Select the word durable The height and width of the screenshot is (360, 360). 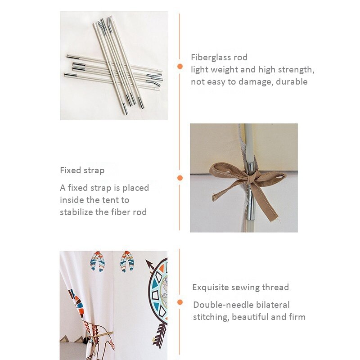click(292, 81)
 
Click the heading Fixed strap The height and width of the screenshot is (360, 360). click(82, 171)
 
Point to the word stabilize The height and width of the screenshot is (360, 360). click(76, 212)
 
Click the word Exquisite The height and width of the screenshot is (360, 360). click(210, 288)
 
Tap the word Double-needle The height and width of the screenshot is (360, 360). click(223, 305)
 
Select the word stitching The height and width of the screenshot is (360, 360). click(211, 317)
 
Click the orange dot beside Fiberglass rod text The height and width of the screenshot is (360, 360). click(180, 67)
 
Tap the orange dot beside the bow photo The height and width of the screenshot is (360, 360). click(180, 178)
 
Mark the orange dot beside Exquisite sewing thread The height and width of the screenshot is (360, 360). click(180, 302)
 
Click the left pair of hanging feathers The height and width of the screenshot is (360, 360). click(98, 261)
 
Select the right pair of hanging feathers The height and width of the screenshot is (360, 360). click(127, 262)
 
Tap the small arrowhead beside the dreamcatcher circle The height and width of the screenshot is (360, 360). click(149, 264)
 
